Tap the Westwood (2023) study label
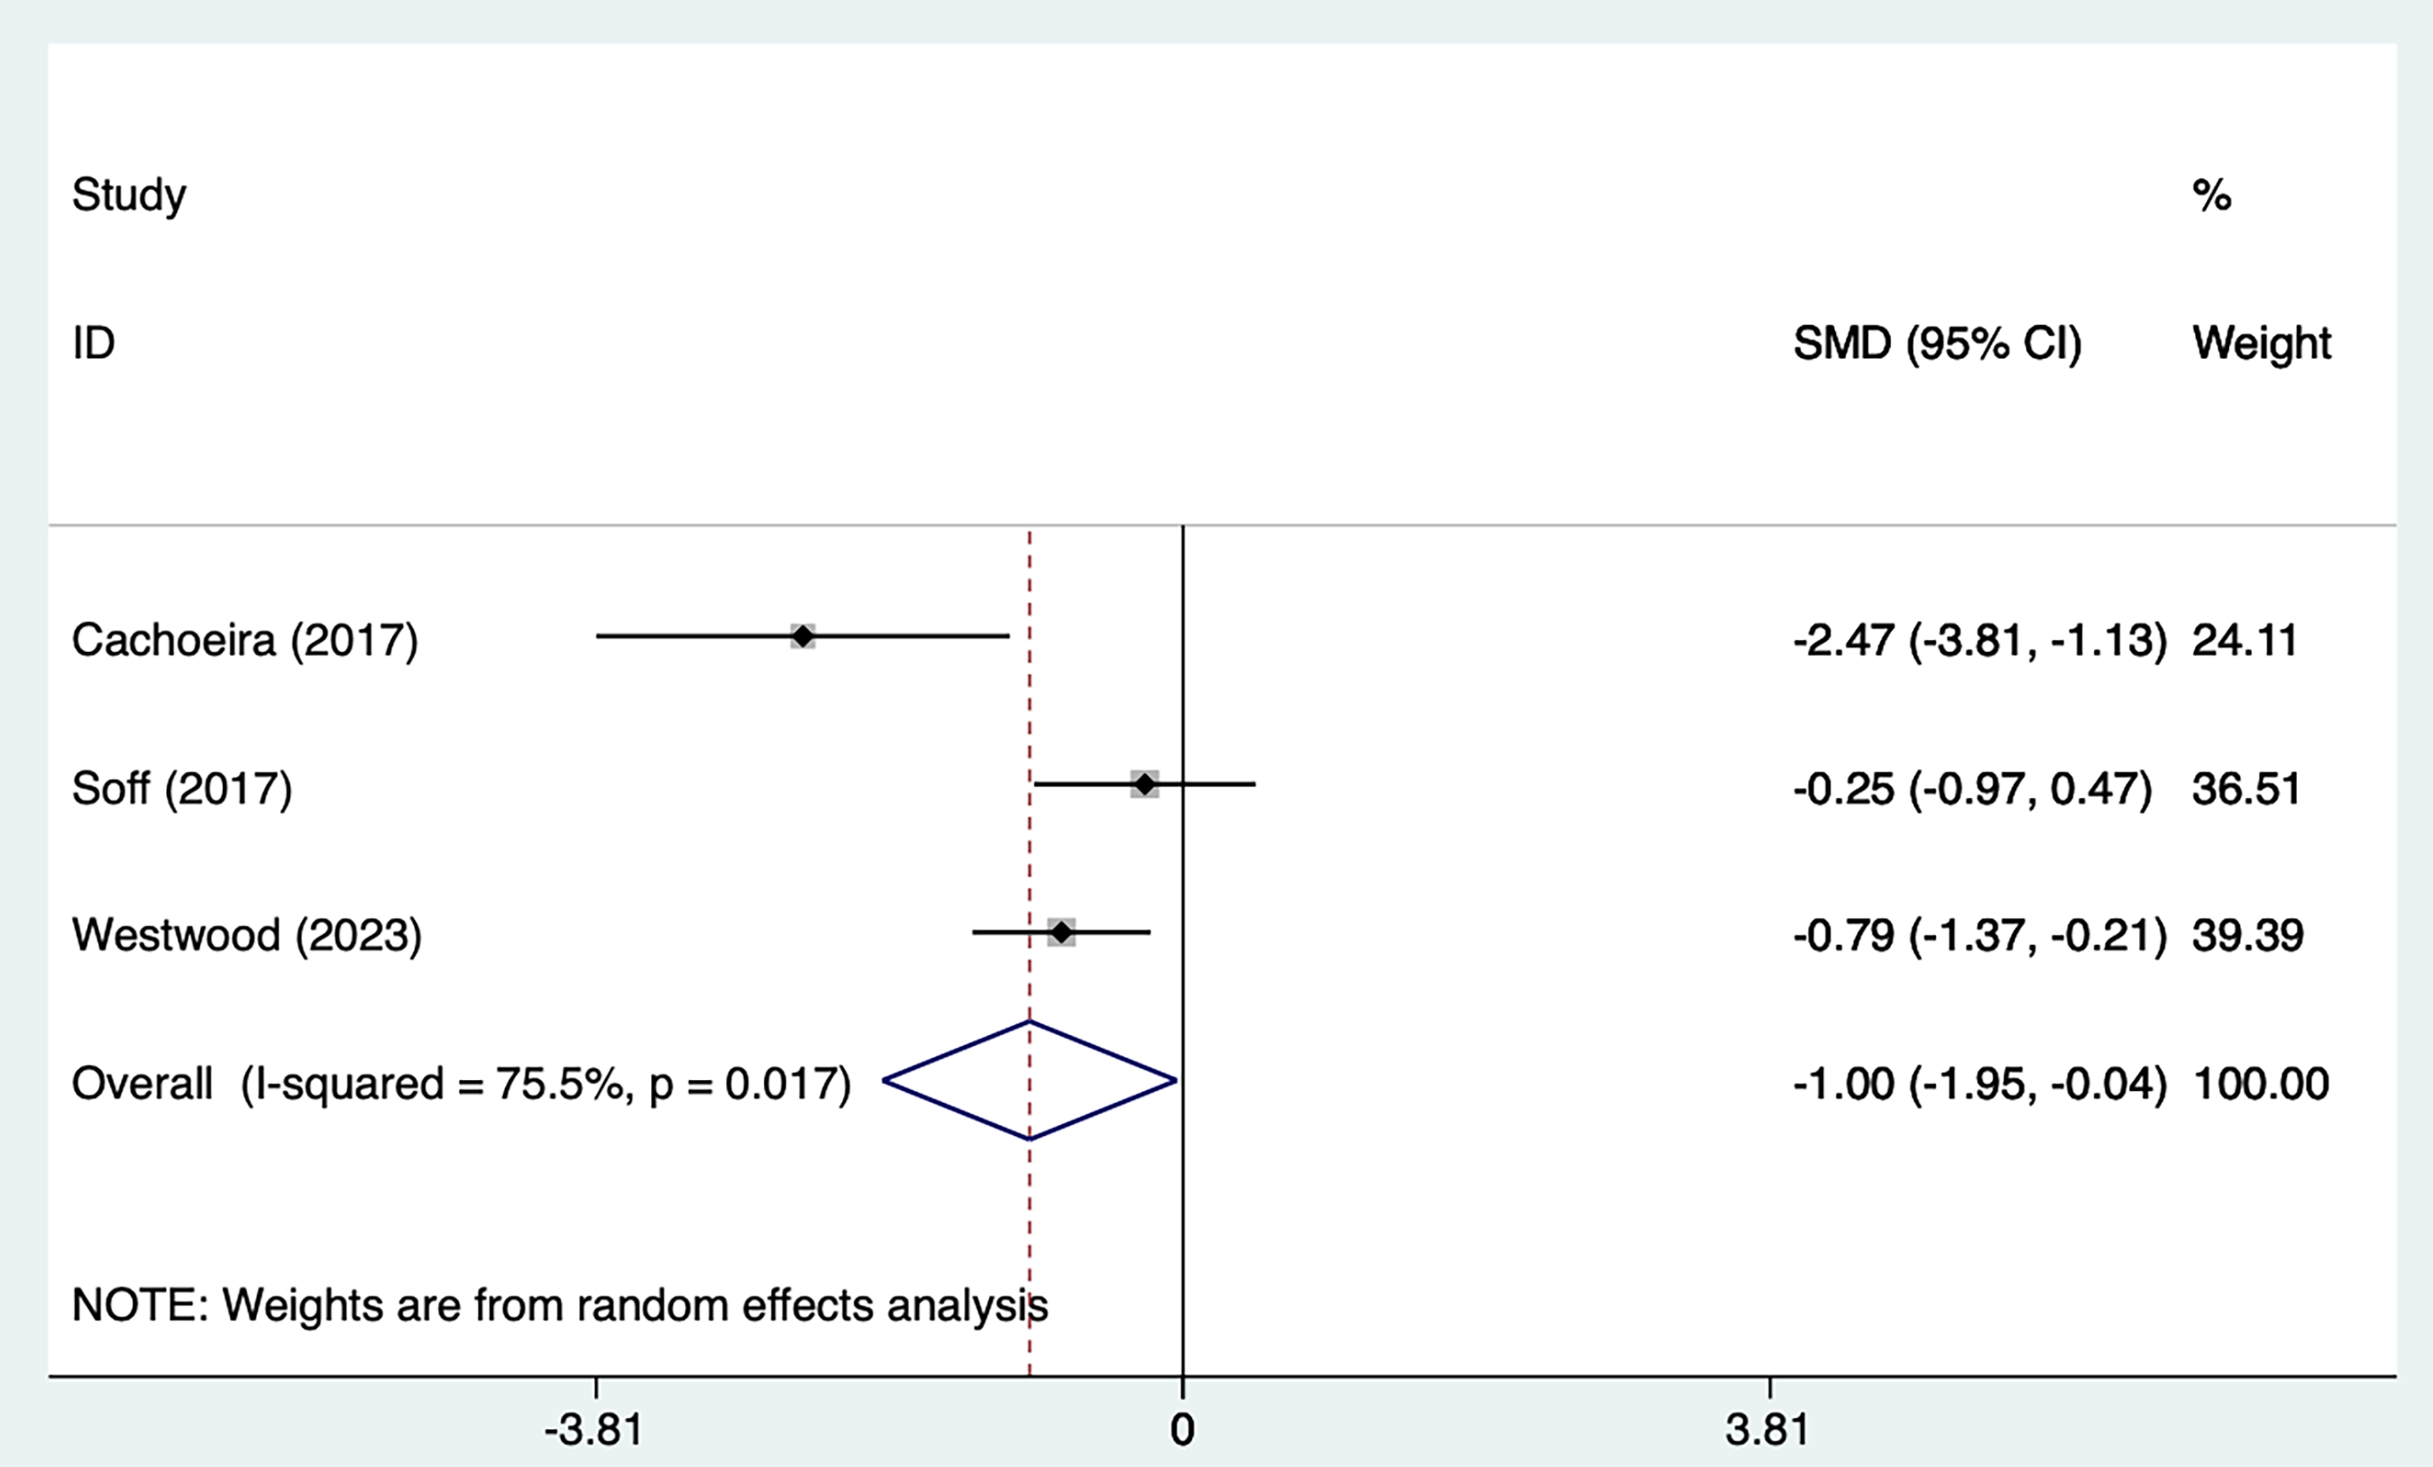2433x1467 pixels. (x=247, y=935)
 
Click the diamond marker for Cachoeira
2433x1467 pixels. (x=803, y=637)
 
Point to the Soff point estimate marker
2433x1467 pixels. (x=1144, y=784)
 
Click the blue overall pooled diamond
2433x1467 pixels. (x=1030, y=1081)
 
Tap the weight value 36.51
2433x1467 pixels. (x=2246, y=789)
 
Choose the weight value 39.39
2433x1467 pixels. (x=2247, y=935)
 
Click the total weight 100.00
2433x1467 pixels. (x=2260, y=1084)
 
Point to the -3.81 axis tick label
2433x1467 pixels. (x=593, y=1429)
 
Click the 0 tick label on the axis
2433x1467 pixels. (x=1182, y=1429)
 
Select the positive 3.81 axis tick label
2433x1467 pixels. (x=1767, y=1429)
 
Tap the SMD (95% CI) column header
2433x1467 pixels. (x=1936, y=344)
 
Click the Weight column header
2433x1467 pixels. (x=2261, y=344)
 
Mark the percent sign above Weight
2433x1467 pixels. (x=2212, y=196)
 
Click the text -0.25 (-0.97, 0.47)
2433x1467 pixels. (x=1973, y=789)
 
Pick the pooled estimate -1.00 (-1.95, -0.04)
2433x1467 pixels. (x=1979, y=1084)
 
